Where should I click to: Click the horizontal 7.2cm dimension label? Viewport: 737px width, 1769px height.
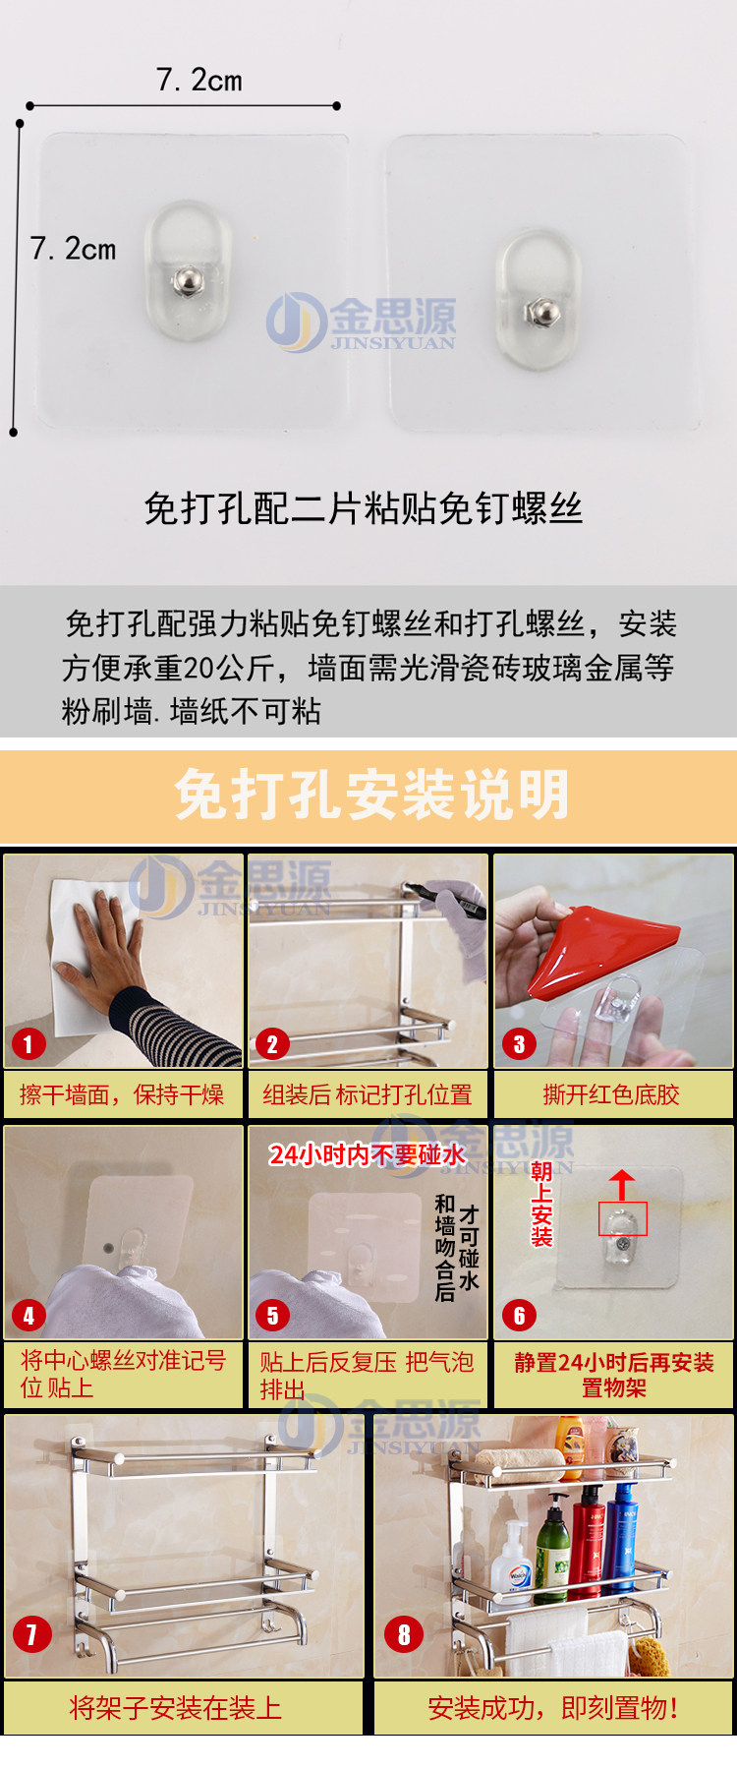coord(198,80)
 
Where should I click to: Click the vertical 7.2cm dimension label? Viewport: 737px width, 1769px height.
coord(73,249)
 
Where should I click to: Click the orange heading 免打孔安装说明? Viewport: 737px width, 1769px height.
coord(371,795)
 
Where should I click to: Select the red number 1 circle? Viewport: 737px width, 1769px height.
coord(28,1043)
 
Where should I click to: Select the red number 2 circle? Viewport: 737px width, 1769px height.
coord(272,1043)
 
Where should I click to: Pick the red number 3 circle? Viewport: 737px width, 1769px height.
coord(519,1043)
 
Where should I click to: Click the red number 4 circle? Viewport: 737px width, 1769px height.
coord(28,1315)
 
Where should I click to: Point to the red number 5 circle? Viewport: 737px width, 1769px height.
coord(272,1315)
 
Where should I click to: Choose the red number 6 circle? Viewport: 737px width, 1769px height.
coord(519,1315)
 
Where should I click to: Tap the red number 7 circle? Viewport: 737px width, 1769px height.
coord(31,1634)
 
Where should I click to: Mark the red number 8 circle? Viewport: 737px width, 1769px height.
coord(403,1634)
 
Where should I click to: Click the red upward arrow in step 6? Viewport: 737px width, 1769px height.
coord(621,1185)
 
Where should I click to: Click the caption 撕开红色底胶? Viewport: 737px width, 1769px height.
coord(611,1094)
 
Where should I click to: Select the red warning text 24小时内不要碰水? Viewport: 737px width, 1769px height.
coord(367,1154)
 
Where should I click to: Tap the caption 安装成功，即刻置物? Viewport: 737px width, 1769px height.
coord(553,1708)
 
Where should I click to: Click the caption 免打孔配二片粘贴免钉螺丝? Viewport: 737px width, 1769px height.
coord(364,508)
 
